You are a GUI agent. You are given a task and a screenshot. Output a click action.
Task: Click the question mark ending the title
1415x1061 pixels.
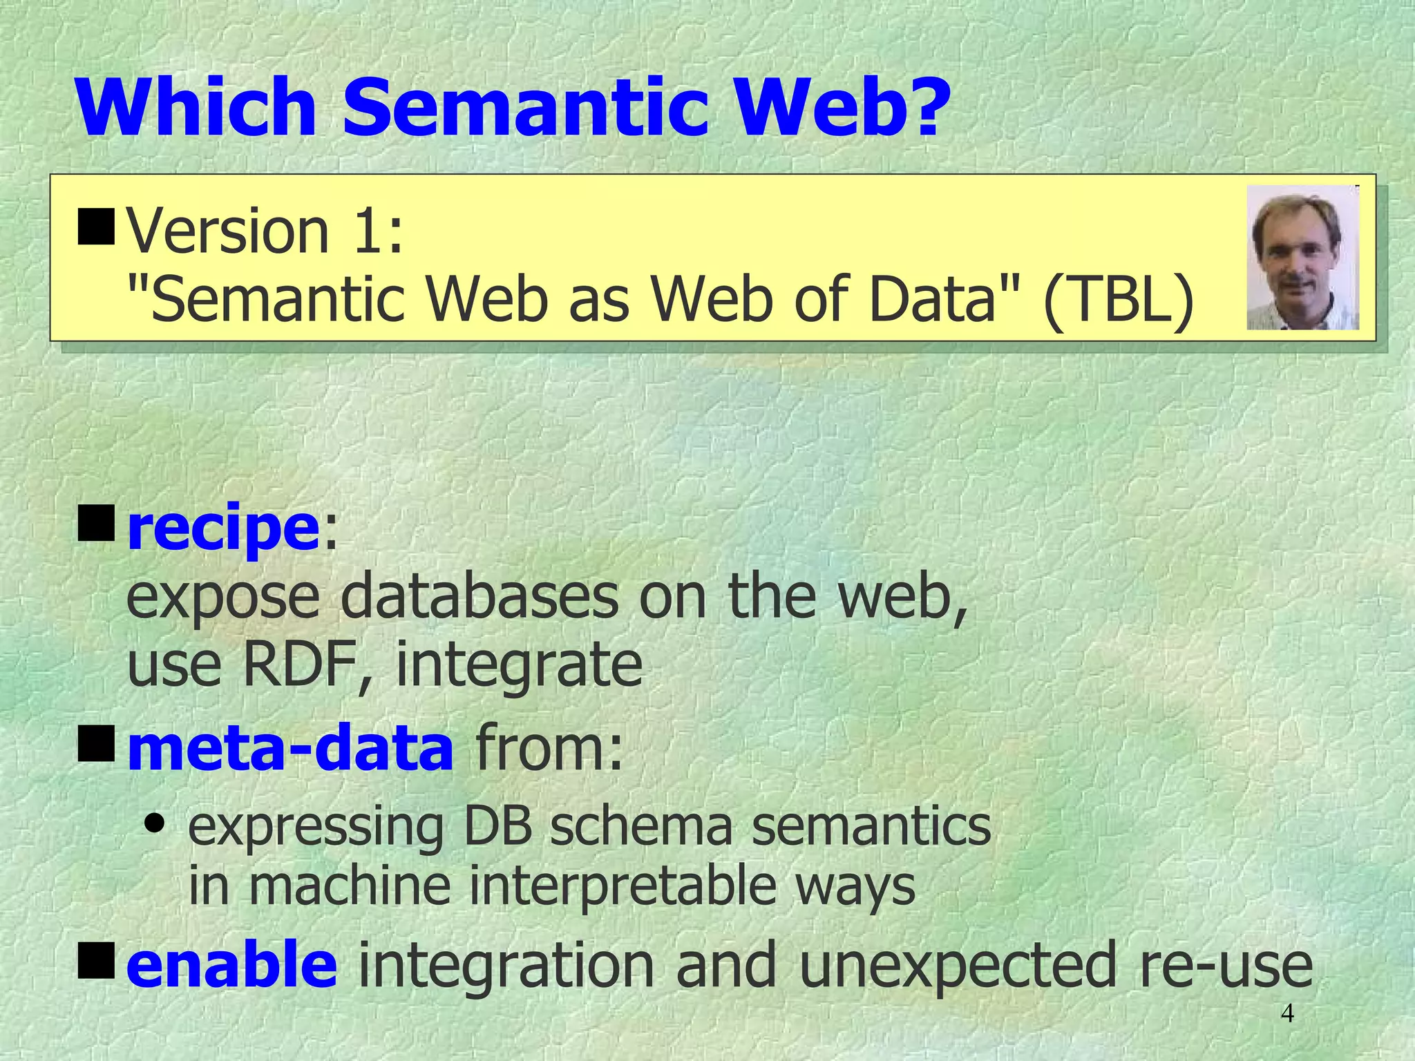click(x=915, y=107)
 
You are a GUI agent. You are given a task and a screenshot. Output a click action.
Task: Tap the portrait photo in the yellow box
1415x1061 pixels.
click(x=1302, y=258)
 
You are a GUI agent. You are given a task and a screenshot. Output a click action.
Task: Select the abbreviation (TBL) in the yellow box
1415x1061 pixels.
click(x=1119, y=299)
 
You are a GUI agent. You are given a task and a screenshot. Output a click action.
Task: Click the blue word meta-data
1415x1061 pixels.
click(x=290, y=749)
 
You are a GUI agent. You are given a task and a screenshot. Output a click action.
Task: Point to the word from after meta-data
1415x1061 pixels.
click(x=549, y=749)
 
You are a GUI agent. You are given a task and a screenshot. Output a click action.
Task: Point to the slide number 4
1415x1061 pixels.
click(x=1287, y=1013)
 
